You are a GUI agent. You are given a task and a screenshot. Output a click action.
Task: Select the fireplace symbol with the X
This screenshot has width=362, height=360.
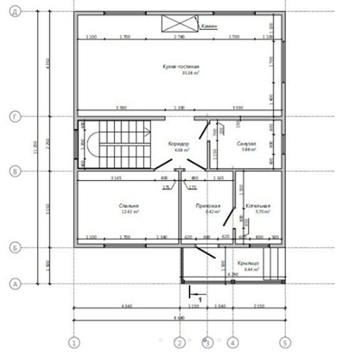(x=173, y=23)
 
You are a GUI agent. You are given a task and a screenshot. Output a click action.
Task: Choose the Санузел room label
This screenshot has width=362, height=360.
(x=246, y=145)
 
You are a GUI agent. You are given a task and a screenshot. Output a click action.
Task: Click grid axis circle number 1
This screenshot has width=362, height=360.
(x=75, y=343)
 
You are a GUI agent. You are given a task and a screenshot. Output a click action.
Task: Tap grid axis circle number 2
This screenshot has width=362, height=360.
(x=180, y=343)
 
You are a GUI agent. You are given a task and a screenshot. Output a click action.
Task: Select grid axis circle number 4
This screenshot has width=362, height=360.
(x=232, y=343)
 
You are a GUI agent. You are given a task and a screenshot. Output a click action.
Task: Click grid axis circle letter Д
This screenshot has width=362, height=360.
(x=15, y=12)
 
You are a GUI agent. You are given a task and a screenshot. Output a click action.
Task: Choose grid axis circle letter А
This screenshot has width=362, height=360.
(x=15, y=283)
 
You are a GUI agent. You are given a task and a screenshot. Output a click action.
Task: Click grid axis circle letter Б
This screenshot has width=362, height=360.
(x=15, y=245)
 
